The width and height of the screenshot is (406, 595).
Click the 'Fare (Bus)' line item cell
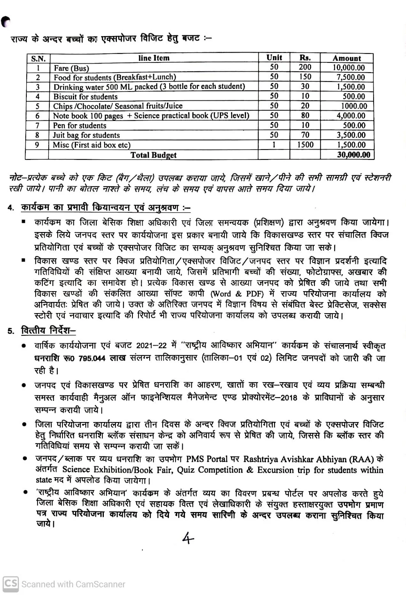[x=71, y=68]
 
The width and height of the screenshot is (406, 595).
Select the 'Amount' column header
[x=347, y=58]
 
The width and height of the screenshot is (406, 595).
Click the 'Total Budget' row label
[x=153, y=155]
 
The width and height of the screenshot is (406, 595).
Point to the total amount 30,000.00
[x=354, y=155]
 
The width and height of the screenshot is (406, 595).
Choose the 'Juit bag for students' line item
[x=86, y=135]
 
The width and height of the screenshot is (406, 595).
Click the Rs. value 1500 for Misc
[x=305, y=145]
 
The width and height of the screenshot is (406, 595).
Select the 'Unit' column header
[x=274, y=58]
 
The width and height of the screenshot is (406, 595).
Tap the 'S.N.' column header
[x=38, y=59]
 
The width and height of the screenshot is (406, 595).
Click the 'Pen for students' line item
[x=80, y=125]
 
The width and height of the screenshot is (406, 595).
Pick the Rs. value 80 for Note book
[x=305, y=116]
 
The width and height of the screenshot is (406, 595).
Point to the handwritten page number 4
[x=188, y=538]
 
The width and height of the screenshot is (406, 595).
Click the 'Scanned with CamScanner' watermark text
[x=73, y=584]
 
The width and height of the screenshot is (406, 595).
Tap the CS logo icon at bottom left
[x=10, y=583]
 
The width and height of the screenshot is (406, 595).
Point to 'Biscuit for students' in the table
[x=86, y=97]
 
